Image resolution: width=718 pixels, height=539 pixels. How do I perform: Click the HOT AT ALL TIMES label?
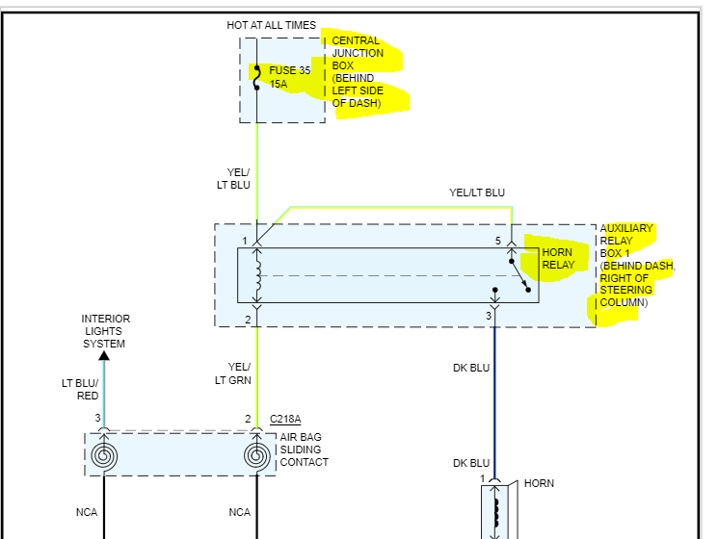271,25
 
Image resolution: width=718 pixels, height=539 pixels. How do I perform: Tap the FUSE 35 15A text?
289,77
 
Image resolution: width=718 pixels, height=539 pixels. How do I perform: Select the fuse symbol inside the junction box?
256,78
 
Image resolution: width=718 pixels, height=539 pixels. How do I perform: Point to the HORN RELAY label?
557,259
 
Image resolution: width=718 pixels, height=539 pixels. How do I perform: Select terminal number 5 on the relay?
498,240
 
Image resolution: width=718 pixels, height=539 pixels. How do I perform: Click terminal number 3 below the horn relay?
488,316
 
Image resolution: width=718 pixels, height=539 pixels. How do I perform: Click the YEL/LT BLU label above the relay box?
477,192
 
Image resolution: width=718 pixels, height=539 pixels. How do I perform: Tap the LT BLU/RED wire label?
80,389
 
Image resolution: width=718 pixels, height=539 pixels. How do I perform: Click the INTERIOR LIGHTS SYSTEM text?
105,331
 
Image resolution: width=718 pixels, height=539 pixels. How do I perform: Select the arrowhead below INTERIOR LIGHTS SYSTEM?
104,354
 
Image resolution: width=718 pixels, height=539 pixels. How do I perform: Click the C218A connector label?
285,419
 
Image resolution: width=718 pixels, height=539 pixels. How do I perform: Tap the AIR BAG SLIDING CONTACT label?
304,449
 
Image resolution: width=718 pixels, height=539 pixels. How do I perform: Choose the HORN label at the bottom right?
539,483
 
